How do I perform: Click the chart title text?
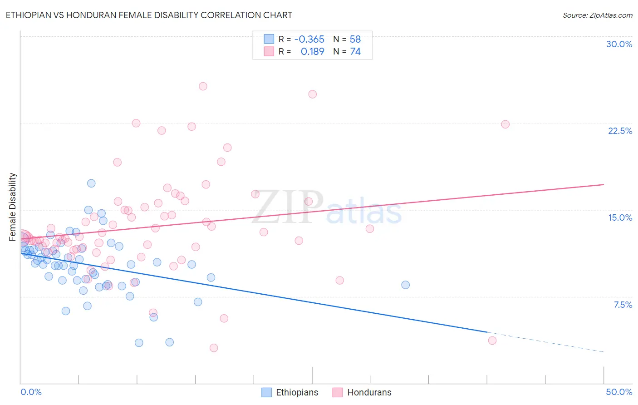tap(149, 15)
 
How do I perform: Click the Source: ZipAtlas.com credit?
tap(597, 15)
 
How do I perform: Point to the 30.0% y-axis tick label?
tap(619, 44)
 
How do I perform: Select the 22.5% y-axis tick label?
tap(620, 131)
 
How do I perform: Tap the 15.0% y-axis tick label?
tap(620, 217)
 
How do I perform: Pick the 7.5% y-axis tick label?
tap(623, 305)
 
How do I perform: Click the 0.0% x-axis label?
tap(31, 392)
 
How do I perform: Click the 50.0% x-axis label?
tap(619, 392)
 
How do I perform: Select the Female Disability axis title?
tap(13, 207)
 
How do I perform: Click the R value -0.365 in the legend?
tap(309, 39)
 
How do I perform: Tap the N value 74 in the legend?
tap(355, 52)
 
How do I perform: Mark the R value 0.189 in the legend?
tap(312, 52)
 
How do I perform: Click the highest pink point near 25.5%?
tap(203, 86)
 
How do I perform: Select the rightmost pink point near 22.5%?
tap(505, 124)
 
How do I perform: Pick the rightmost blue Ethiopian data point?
tap(405, 285)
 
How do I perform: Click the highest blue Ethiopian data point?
tap(91, 183)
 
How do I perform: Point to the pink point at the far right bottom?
tap(492, 341)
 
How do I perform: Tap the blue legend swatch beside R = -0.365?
tap(269, 39)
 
